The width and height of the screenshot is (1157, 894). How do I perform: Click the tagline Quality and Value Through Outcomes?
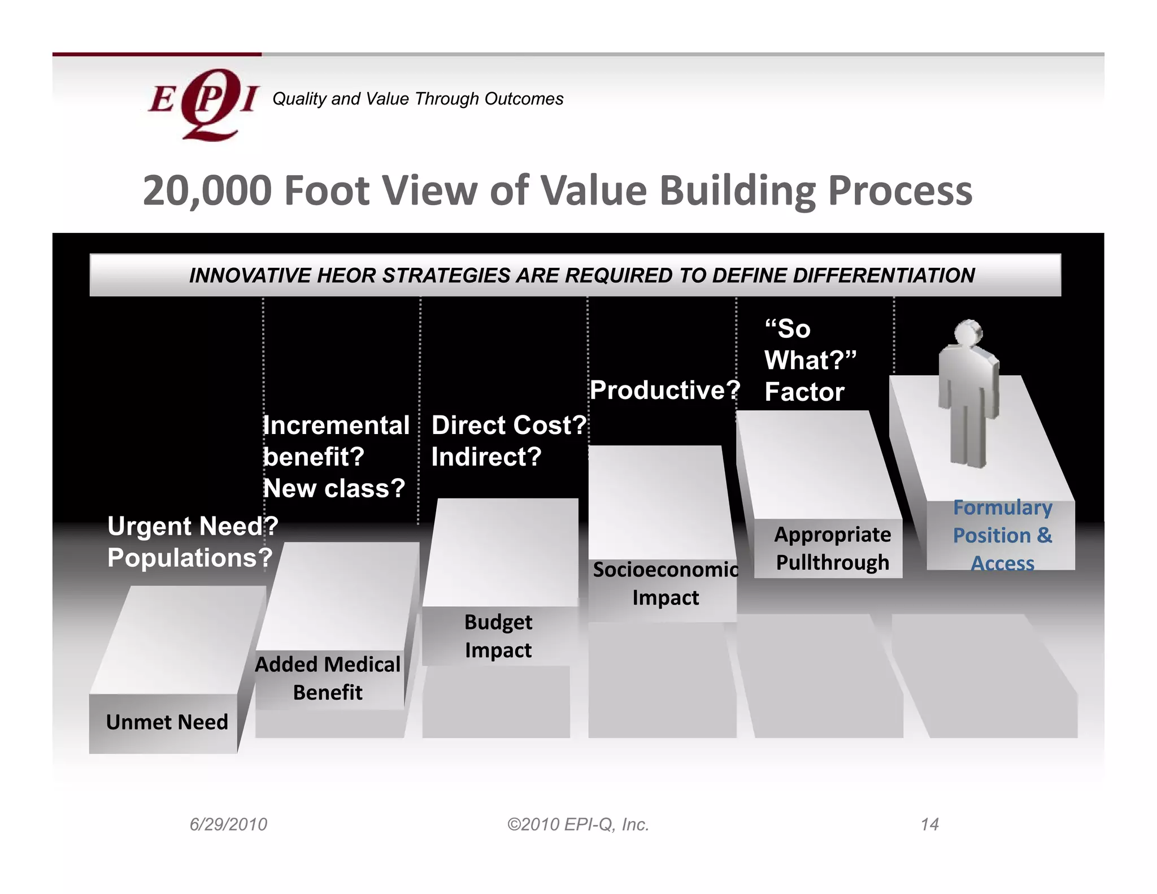(x=417, y=99)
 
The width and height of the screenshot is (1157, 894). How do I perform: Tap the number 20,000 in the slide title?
(x=207, y=191)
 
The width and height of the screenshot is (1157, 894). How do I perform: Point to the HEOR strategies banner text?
(x=581, y=276)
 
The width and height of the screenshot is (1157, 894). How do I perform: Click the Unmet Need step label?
(x=167, y=722)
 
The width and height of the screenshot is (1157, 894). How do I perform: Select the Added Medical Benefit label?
(x=328, y=678)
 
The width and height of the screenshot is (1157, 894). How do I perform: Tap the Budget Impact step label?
(x=498, y=636)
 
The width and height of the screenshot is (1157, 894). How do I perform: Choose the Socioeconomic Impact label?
(x=665, y=583)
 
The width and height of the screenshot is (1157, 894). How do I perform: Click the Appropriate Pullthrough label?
(x=832, y=548)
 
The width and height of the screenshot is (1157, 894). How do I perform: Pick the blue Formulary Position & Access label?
(x=1002, y=535)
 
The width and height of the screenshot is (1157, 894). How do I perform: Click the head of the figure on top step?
(x=969, y=333)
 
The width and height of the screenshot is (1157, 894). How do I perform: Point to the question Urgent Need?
(x=193, y=526)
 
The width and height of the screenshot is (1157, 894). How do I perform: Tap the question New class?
(x=334, y=488)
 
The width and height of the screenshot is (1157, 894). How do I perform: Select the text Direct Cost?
(x=509, y=425)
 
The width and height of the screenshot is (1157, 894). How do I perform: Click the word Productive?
(x=664, y=390)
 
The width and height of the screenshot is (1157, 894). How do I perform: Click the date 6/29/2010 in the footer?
(x=228, y=824)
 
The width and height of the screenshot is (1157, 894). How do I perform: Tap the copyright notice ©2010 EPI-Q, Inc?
(x=578, y=824)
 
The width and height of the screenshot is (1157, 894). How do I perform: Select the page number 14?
(x=929, y=824)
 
